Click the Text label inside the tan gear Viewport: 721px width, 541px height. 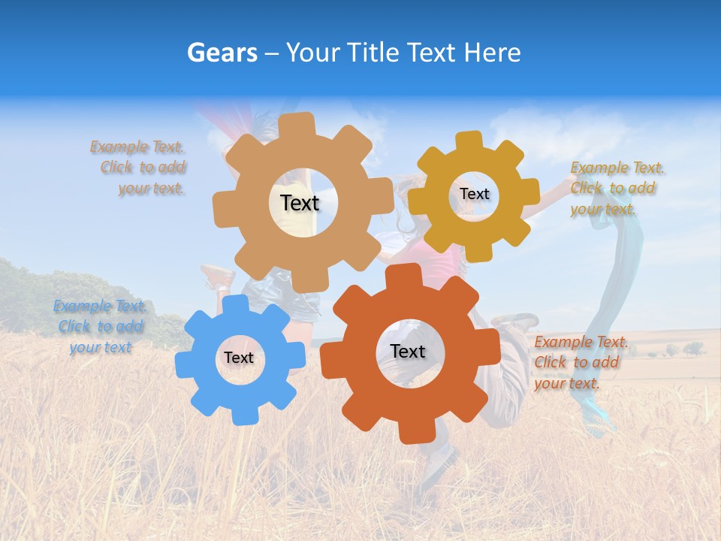(x=300, y=203)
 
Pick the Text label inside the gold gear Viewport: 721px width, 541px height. (x=474, y=194)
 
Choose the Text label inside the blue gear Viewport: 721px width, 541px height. (x=238, y=358)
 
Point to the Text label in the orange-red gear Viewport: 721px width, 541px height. (x=408, y=351)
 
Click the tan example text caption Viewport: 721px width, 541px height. (x=140, y=168)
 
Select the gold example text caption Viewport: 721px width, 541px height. (x=616, y=188)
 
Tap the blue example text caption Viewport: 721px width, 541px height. (x=100, y=327)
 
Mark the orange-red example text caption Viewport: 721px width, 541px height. (x=580, y=362)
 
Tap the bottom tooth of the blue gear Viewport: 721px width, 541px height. (x=240, y=415)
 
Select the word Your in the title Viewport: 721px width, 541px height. (x=311, y=53)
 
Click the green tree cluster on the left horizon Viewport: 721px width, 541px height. (x=30, y=282)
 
